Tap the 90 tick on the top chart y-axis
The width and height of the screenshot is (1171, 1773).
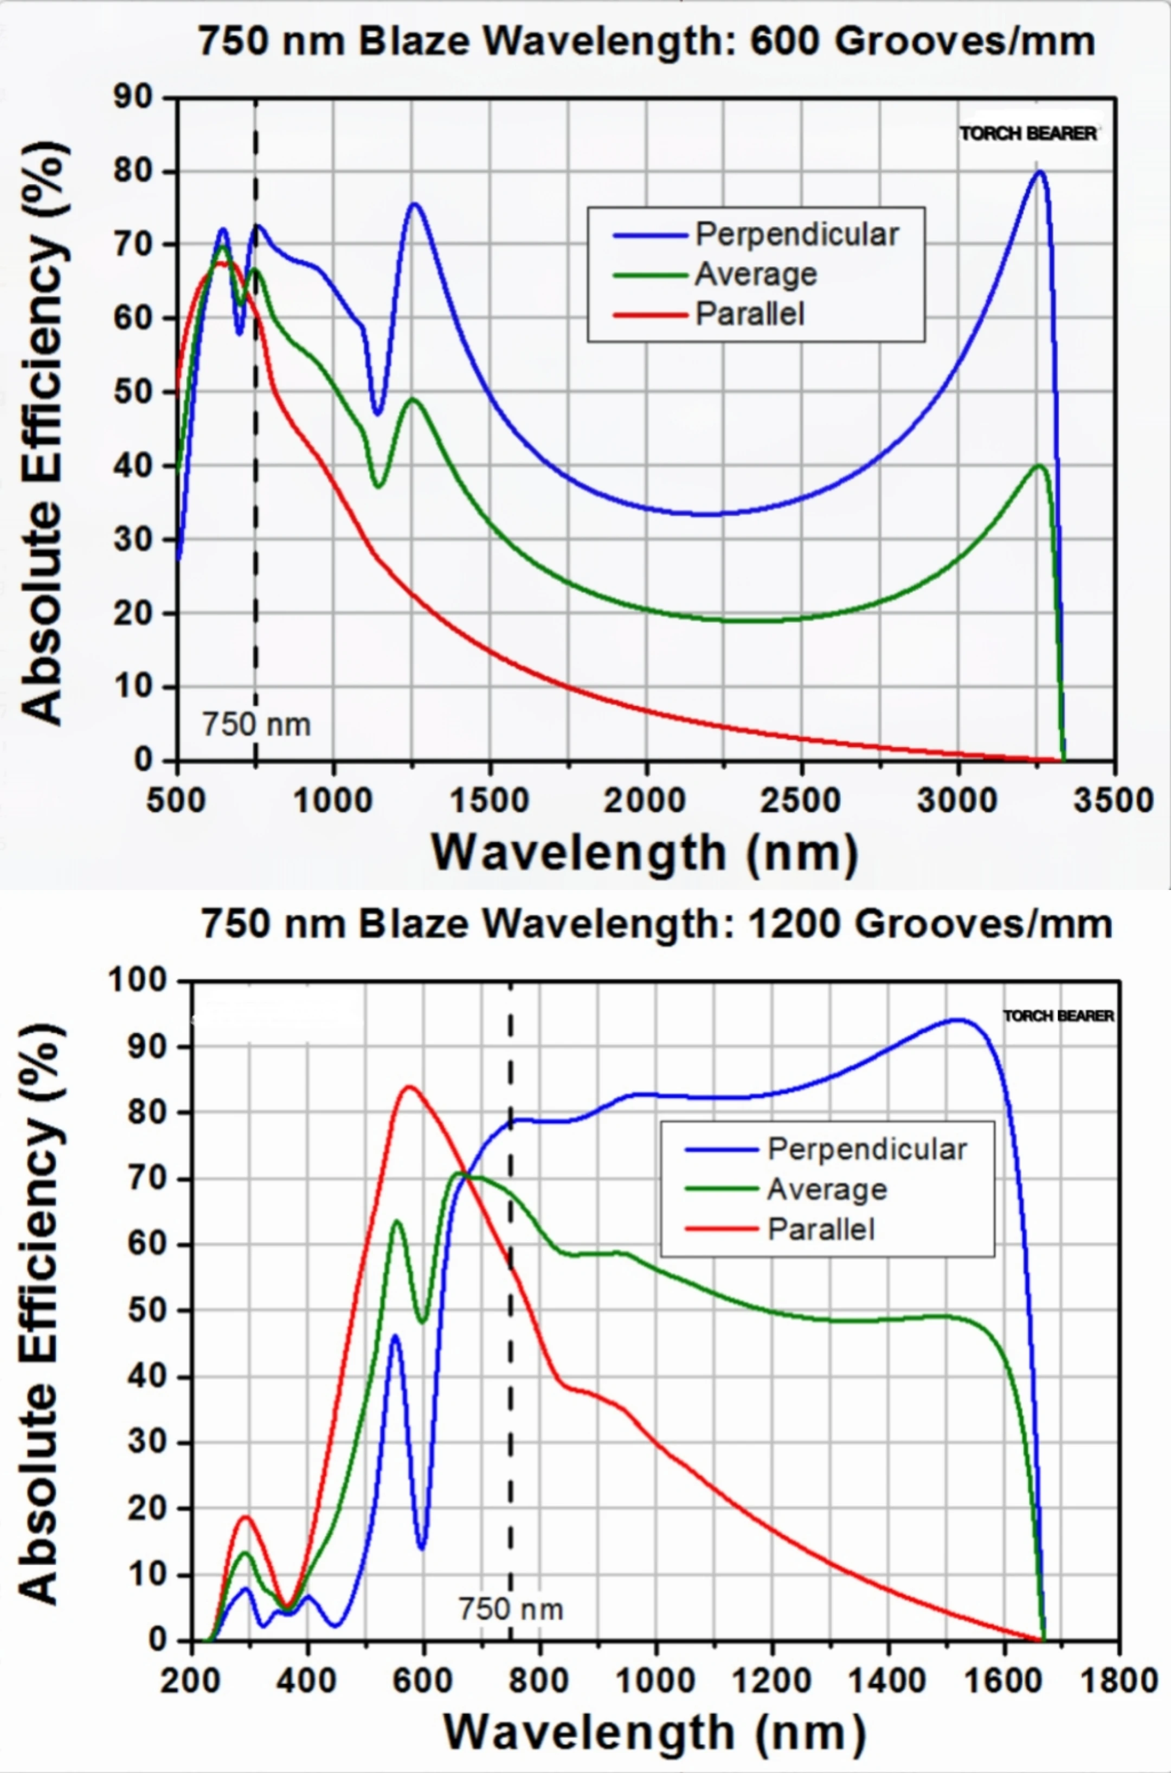(133, 97)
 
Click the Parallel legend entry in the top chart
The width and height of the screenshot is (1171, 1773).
(750, 314)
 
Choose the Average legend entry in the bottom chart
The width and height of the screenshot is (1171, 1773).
(827, 1189)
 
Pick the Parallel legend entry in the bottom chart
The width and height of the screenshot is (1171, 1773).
(821, 1229)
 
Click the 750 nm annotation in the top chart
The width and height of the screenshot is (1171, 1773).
(256, 725)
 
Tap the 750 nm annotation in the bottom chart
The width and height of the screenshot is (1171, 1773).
(511, 1609)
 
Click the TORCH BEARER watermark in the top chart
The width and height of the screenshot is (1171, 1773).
(1029, 134)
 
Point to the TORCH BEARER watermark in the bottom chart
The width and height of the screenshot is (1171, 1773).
(1058, 1016)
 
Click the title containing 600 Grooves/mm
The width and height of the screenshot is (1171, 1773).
(646, 42)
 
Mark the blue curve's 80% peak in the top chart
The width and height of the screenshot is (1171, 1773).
(1039, 172)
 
